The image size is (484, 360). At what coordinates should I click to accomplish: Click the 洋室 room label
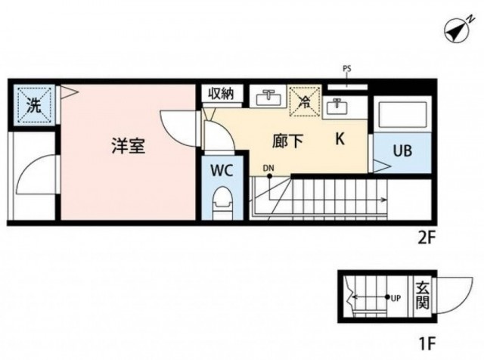click(x=129, y=146)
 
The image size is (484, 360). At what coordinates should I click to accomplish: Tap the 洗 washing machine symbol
click(x=34, y=104)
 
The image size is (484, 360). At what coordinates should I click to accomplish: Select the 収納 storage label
click(x=221, y=93)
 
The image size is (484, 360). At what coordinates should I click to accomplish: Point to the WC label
click(x=222, y=170)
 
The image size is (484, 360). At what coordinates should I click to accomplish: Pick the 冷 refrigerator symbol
click(x=305, y=101)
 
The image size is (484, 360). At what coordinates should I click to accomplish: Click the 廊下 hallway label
click(x=287, y=141)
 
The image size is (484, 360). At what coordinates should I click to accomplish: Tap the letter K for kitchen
click(x=340, y=139)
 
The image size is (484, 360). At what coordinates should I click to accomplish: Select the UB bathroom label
click(x=403, y=151)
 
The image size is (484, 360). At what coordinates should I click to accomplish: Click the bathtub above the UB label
click(x=403, y=113)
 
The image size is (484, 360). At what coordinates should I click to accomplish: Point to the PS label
click(x=347, y=69)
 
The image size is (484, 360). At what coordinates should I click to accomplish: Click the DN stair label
click(x=268, y=168)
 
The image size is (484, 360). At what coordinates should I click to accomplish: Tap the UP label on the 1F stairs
click(x=396, y=299)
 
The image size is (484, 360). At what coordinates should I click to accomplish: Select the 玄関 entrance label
click(x=422, y=296)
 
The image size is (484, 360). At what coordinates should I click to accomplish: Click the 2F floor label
click(x=427, y=238)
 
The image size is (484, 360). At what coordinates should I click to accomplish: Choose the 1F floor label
click(x=427, y=343)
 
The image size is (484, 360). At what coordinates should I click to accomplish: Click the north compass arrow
click(x=457, y=32)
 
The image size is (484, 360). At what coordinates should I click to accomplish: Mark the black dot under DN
click(x=269, y=176)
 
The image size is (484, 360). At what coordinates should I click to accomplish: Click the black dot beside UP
click(x=387, y=297)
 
